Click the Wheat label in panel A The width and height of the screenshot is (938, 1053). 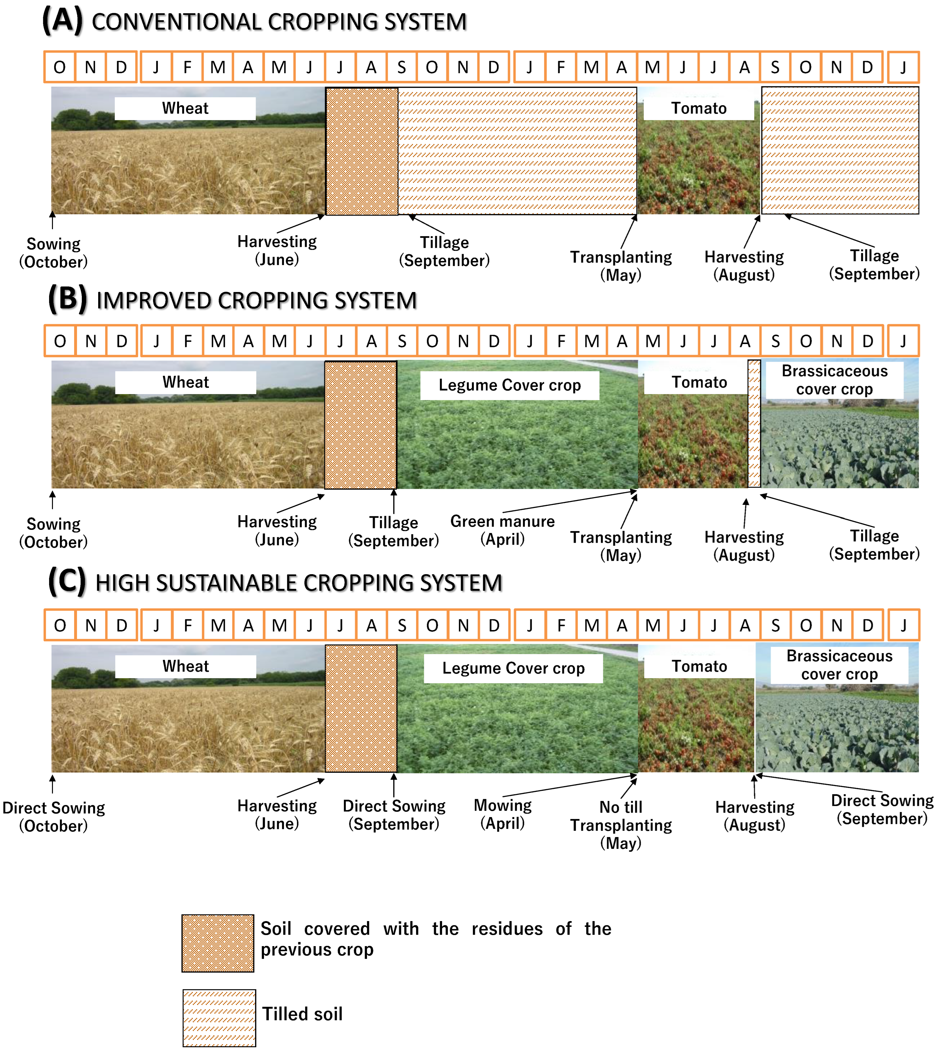[x=185, y=108]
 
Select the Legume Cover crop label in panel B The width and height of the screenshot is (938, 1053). [x=510, y=385]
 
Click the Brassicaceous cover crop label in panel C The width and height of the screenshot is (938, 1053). [x=839, y=665]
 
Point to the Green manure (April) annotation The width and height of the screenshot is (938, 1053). [x=502, y=530]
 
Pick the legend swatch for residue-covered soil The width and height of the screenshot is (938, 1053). [x=218, y=943]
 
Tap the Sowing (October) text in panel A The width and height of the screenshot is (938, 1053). [x=54, y=253]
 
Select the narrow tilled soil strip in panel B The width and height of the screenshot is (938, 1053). [x=754, y=424]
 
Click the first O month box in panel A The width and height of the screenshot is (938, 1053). [x=60, y=67]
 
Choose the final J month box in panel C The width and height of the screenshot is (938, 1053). [x=903, y=626]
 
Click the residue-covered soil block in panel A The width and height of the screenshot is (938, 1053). [x=362, y=151]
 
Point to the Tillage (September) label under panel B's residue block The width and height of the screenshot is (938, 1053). [x=394, y=532]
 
